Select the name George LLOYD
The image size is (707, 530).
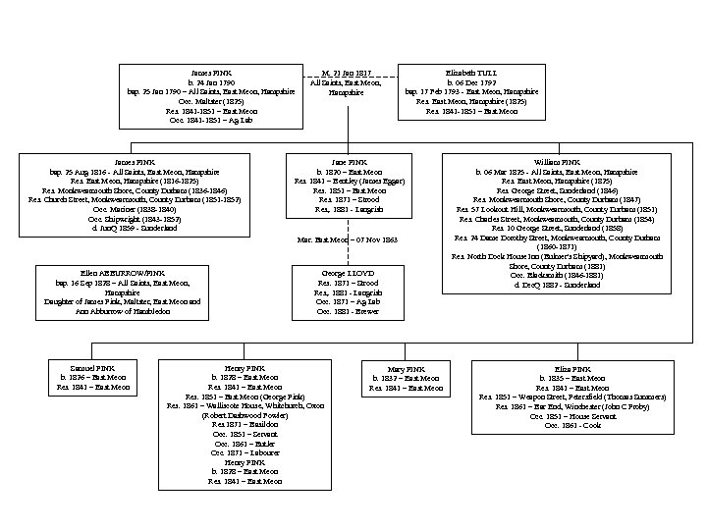point(348,272)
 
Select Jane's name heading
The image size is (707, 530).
point(348,160)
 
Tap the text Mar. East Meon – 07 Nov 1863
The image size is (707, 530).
point(348,238)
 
